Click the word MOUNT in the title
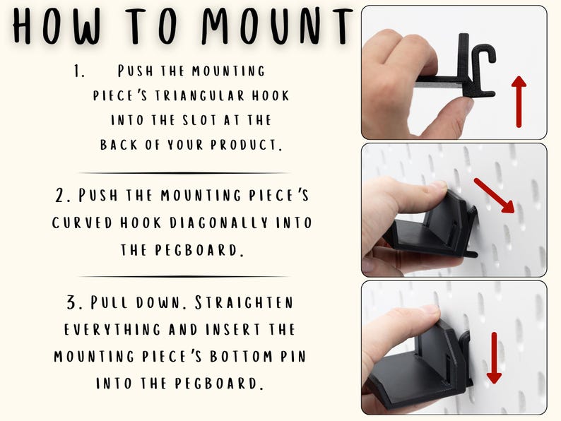pos(277,25)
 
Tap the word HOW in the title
pos(57,25)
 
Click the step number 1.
pos(78,71)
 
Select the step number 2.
pos(61,195)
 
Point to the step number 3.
pos(74,302)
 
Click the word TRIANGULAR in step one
pos(200,96)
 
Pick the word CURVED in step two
pos(82,223)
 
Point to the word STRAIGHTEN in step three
pos(244,302)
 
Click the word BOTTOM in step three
pos(241,357)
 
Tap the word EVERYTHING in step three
pos(112,329)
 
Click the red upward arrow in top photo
pos(519,102)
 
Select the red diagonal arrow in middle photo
pos(495,195)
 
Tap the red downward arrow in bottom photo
pos(494,357)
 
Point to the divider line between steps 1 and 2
pos(183,173)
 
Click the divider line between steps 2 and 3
pos(183,276)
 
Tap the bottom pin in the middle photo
pos(471,254)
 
